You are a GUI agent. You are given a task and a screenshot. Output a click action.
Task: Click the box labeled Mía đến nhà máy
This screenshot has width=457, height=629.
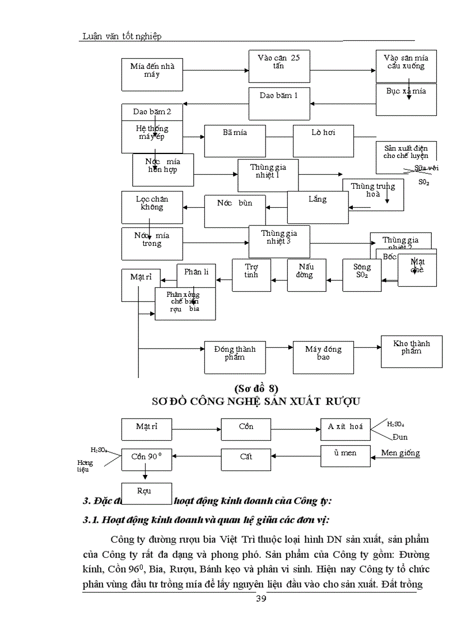[152, 74]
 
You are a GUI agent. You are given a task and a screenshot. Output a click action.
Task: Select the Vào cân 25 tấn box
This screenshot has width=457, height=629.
[279, 66]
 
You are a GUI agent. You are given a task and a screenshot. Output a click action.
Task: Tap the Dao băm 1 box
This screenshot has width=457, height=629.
[279, 104]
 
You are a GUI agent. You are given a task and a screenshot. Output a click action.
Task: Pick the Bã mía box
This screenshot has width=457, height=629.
[235, 141]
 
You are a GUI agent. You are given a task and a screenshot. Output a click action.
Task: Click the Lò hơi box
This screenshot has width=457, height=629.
[323, 141]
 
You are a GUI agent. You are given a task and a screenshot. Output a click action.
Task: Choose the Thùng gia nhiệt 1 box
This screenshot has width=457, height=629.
[268, 175]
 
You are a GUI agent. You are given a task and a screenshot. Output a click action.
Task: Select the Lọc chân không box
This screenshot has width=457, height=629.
[152, 207]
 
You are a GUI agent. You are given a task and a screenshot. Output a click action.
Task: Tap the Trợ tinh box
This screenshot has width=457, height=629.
[251, 275]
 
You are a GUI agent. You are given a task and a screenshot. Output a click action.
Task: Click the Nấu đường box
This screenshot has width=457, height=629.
[306, 275]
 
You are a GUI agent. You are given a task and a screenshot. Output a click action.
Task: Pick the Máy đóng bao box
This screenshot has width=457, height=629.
[323, 357]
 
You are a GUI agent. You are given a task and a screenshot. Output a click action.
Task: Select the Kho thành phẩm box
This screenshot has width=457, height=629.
[411, 352]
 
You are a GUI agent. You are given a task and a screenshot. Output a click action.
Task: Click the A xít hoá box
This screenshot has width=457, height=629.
[345, 429]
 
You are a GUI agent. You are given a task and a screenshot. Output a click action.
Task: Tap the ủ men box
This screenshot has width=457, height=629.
[345, 456]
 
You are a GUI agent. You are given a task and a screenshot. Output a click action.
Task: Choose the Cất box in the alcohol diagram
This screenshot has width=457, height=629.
[246, 459]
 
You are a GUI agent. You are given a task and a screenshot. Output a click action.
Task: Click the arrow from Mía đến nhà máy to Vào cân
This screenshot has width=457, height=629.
[216, 71]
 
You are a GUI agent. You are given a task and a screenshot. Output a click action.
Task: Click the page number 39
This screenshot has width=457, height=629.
[261, 599]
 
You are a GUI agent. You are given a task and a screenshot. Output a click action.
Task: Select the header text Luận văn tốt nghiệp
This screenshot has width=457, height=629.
[122, 36]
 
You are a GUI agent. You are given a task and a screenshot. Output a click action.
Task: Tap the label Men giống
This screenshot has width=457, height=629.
[400, 453]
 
